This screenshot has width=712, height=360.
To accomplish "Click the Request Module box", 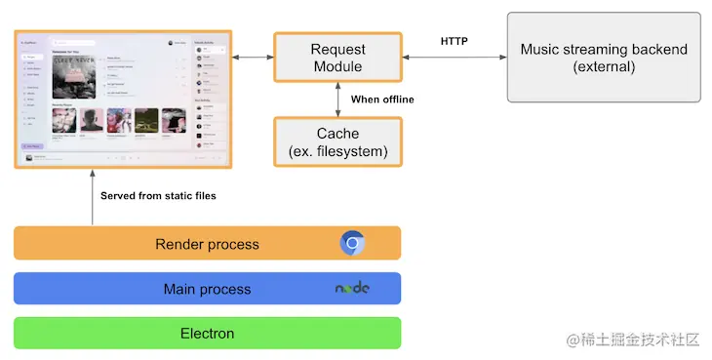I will click(336, 58).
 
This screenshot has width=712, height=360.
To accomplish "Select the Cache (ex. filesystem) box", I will click(336, 142).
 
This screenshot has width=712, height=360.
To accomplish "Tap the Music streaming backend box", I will click(603, 58).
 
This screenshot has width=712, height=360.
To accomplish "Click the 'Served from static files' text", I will click(158, 196).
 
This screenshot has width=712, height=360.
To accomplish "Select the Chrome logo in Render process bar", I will click(352, 243).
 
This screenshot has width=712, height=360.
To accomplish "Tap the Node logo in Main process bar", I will click(352, 289).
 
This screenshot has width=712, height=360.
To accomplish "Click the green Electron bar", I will click(207, 334).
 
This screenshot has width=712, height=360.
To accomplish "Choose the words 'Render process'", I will click(207, 244).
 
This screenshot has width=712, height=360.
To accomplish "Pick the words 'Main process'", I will click(207, 289).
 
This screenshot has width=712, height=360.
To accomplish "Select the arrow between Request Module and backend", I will click(454, 59).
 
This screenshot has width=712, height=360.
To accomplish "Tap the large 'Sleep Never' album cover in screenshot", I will click(76, 75).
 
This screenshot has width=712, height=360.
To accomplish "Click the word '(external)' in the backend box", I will click(604, 67).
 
